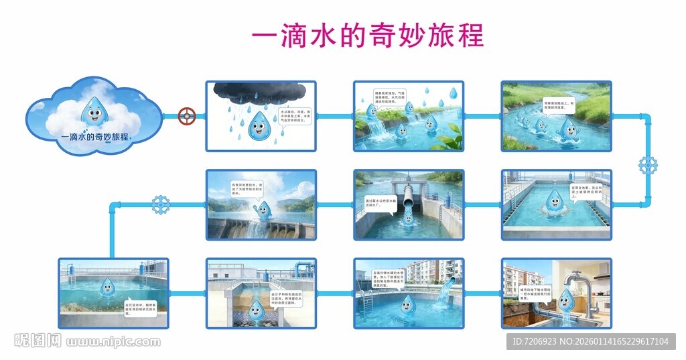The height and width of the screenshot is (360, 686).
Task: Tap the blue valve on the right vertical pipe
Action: click(x=648, y=165)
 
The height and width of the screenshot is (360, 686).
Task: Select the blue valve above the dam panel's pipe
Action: click(x=160, y=204)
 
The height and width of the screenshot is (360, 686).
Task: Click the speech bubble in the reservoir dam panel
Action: click(x=247, y=188)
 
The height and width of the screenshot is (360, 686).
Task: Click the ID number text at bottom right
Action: click(x=590, y=342)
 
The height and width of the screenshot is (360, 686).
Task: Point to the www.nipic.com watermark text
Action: click(x=113, y=342)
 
